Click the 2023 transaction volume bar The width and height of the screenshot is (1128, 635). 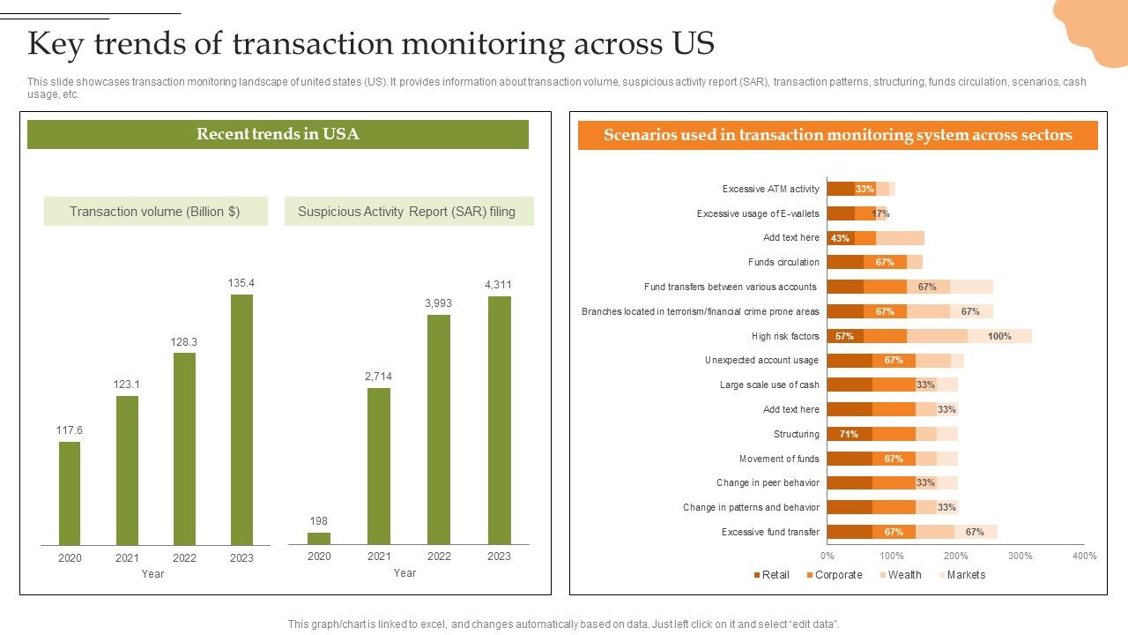(241, 419)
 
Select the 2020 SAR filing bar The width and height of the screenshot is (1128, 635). (319, 538)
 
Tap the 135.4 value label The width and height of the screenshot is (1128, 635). (241, 283)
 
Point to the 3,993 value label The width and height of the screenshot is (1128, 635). (438, 303)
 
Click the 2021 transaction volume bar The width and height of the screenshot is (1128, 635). (127, 470)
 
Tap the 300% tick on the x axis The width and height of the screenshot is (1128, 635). (1020, 556)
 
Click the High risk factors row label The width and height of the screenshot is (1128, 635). (785, 336)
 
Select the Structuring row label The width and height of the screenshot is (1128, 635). (797, 434)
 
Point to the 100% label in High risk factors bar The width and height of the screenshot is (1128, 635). (999, 336)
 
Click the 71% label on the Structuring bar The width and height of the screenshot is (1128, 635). (849, 434)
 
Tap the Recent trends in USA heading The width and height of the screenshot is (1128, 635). (278, 134)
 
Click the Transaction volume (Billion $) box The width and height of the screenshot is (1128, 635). (155, 212)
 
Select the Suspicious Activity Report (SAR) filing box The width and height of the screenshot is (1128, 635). (407, 212)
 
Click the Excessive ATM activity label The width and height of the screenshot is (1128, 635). (771, 189)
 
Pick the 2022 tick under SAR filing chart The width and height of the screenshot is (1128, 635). (439, 556)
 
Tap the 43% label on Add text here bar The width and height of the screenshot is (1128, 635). (840, 238)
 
